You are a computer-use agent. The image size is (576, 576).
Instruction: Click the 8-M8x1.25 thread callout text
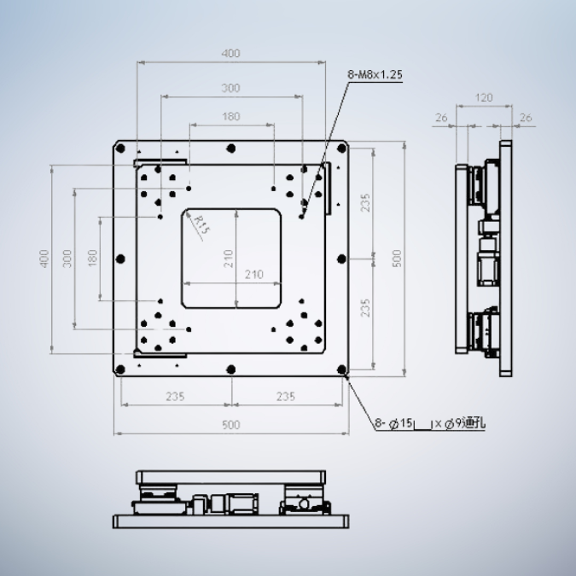tap(375, 75)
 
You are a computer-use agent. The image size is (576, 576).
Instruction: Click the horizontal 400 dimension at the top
tap(230, 53)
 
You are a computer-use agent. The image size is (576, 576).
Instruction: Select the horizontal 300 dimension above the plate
tap(230, 88)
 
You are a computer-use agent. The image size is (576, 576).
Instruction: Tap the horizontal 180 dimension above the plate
tap(230, 117)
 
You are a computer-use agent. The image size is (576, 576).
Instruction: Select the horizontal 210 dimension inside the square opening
tap(230, 274)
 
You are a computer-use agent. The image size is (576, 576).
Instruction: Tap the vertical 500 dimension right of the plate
tap(396, 258)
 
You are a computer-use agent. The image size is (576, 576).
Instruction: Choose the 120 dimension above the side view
tap(483, 98)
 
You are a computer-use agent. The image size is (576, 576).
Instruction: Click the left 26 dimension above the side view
tap(441, 118)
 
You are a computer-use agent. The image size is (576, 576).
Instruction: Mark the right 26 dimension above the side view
tap(526, 118)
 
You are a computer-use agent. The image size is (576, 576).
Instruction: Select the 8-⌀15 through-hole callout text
tap(430, 422)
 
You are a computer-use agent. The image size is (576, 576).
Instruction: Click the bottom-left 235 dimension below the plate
tap(175, 396)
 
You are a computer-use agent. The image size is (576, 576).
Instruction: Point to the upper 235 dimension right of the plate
tap(365, 202)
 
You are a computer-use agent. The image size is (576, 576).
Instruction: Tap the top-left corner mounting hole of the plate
tap(120, 148)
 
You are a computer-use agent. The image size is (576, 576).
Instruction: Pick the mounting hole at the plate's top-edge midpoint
tap(230, 147)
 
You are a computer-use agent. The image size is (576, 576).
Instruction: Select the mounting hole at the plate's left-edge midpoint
tap(120, 258)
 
